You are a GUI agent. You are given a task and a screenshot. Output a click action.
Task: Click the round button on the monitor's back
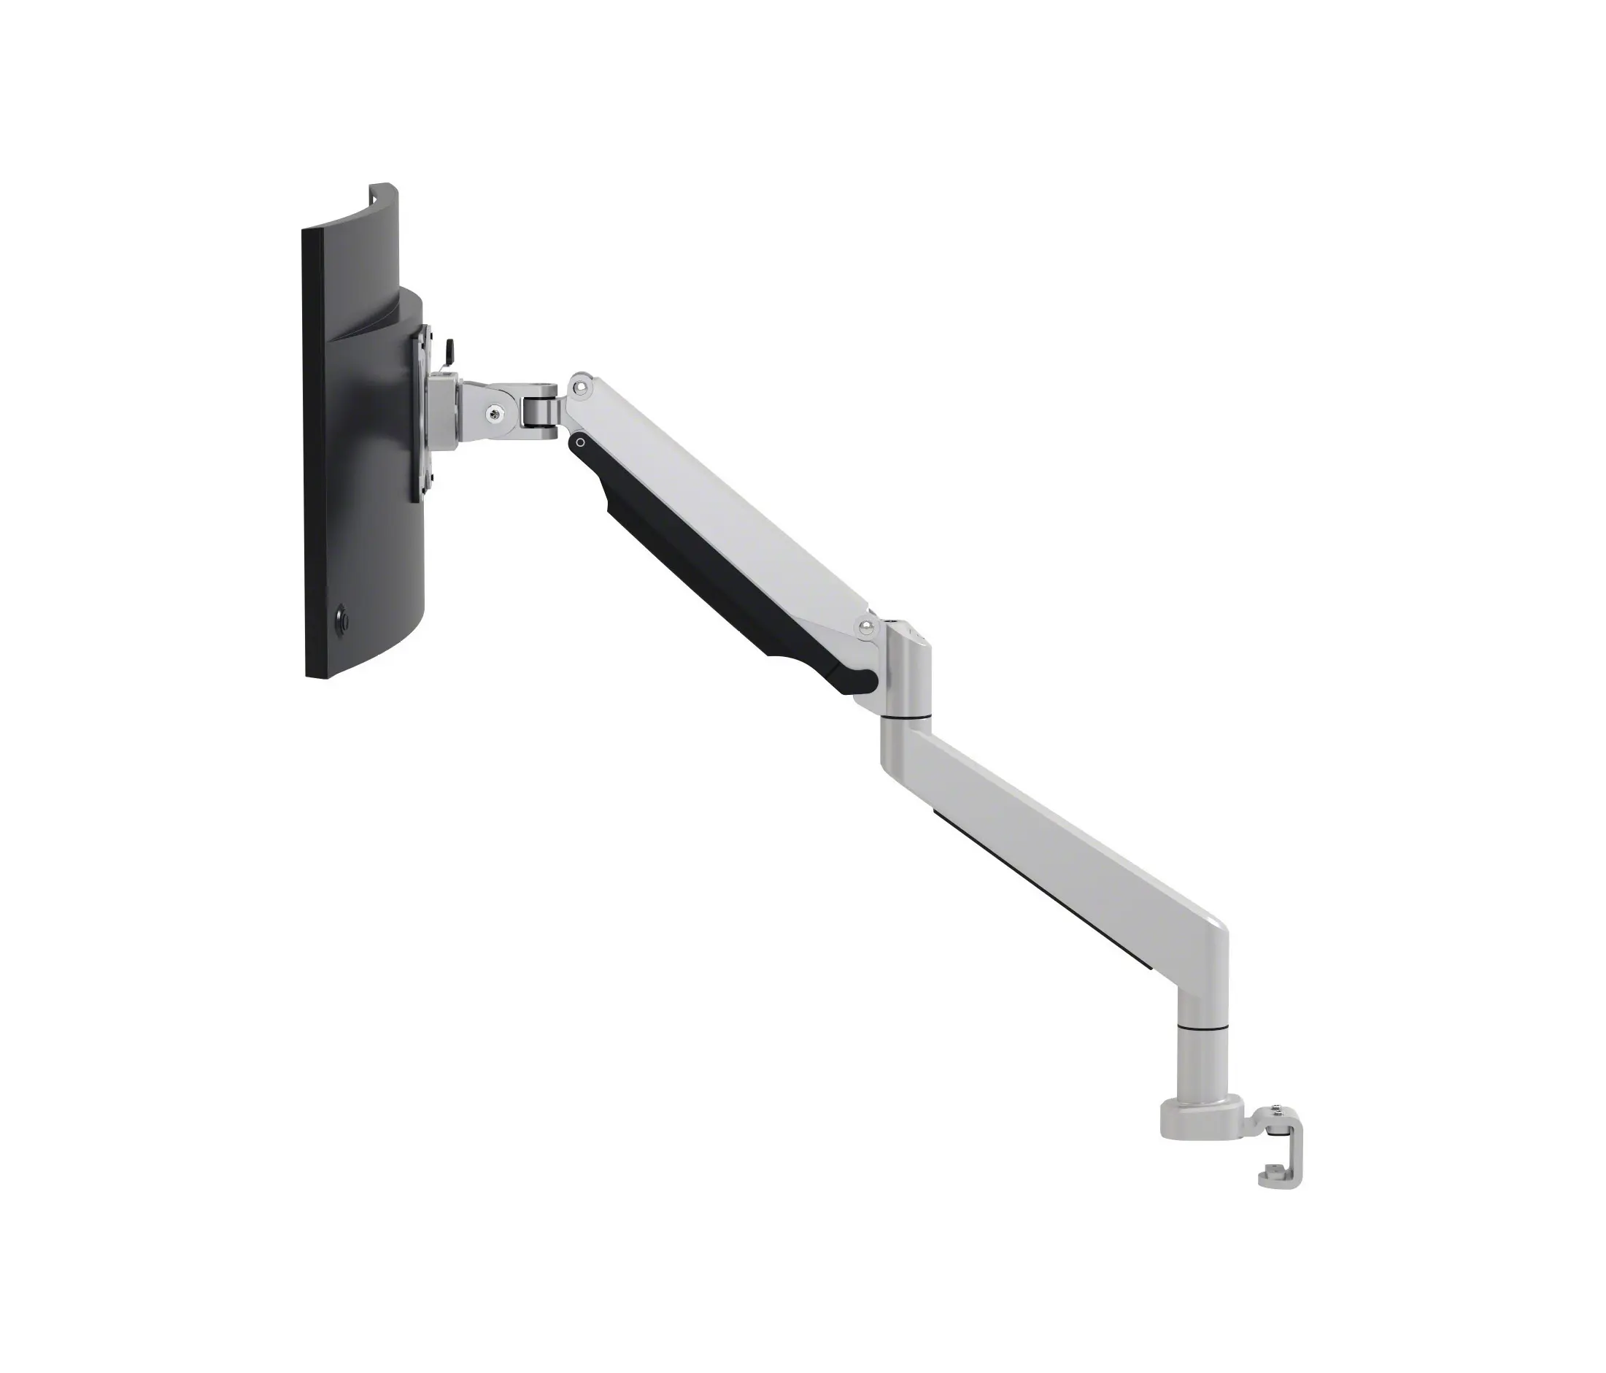point(340,621)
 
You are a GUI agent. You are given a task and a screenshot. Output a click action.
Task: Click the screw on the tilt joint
point(494,415)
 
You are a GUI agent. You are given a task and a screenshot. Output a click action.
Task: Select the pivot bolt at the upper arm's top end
point(579,385)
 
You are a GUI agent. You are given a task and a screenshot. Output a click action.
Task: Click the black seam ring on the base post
point(1202,1027)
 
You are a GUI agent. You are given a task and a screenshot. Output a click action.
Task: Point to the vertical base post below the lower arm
point(1202,1066)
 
